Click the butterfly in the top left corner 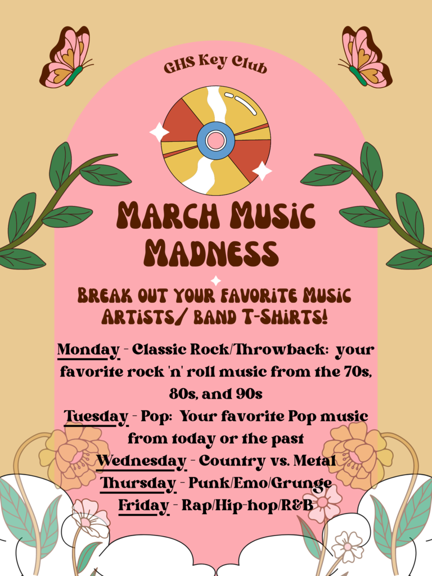pyautogui.click(x=65, y=58)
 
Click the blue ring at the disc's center pyautogui.click(x=215, y=140)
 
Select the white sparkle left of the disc pyautogui.click(x=159, y=132)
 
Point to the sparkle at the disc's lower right pyautogui.click(x=262, y=171)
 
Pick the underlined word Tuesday pyautogui.click(x=96, y=417)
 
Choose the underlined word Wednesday pyautogui.click(x=141, y=462)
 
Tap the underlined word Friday pyautogui.click(x=143, y=506)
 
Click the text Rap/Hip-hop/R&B pyautogui.click(x=247, y=506)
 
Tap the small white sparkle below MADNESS pyautogui.click(x=216, y=281)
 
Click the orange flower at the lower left pyautogui.click(x=74, y=456)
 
